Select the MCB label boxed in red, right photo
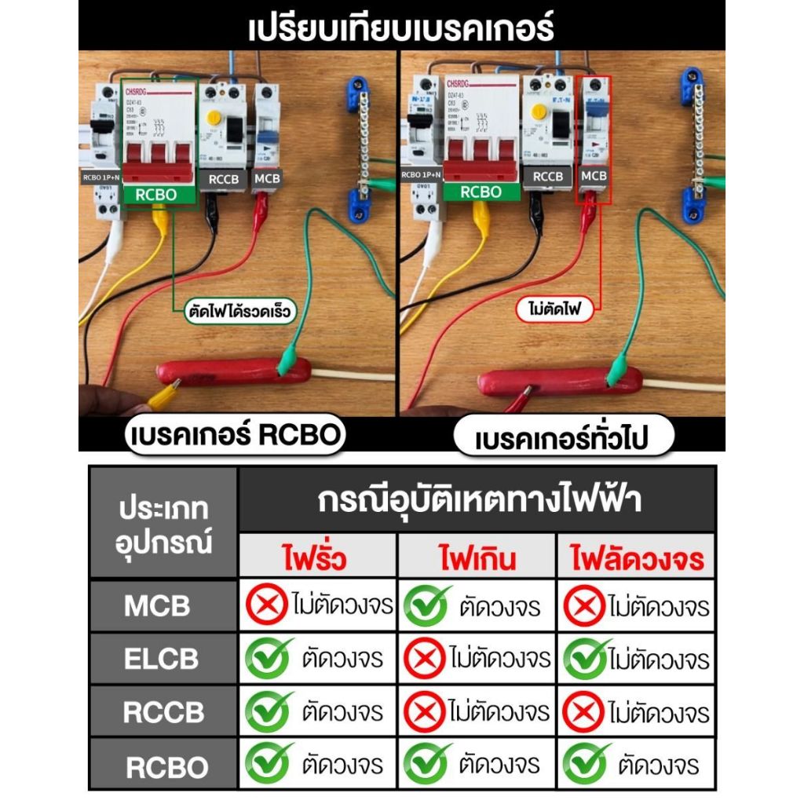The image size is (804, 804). (x=593, y=176)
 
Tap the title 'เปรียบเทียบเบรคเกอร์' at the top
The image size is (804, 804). (x=401, y=29)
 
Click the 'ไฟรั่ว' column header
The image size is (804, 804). (x=318, y=559)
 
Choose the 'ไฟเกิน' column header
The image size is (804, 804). (x=477, y=559)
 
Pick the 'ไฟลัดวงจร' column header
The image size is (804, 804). (x=636, y=559)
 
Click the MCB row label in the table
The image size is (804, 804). (x=157, y=606)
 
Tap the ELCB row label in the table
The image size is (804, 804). (x=160, y=659)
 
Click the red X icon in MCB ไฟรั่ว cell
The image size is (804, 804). (x=267, y=606)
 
